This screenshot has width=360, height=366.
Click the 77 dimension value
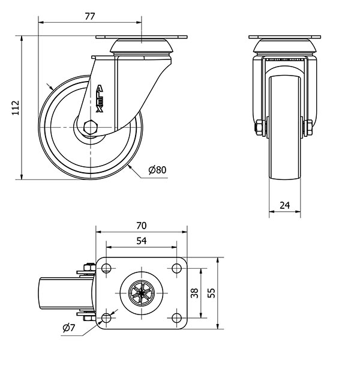pos(90,16)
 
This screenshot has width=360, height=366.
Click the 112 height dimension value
pos(16,107)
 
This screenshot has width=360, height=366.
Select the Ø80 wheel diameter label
pos(158,170)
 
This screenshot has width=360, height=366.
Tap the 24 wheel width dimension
pos(285,205)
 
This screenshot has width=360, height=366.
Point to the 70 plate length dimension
pos(142,226)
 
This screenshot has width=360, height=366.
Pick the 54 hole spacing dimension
pos(142,241)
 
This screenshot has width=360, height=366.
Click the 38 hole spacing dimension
pos(194,293)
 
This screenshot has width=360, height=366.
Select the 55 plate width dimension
pos(211,293)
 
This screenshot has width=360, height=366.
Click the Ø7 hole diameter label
pos(69,328)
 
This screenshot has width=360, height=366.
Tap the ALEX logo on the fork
pos(100,98)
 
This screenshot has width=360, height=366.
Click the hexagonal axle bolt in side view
pos(91,127)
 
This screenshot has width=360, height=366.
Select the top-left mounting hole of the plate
pos(106,268)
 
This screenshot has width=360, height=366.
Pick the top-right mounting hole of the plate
pos(176,268)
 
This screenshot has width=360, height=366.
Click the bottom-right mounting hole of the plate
pos(176,317)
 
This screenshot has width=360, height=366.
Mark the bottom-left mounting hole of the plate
pos(106,317)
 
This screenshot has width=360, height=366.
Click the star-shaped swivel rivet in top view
pos(142,293)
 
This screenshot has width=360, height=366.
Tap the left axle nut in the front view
pos(260,127)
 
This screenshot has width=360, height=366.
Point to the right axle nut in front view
pos(308,127)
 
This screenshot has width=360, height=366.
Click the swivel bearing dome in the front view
pos(285,46)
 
